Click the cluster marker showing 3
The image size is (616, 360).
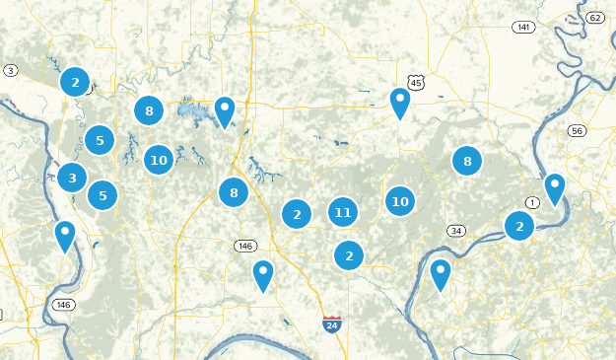tap(71, 179)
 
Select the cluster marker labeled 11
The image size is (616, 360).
tap(342, 212)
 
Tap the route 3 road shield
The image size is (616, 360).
tap(10, 70)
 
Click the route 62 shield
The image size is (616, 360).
tap(595, 18)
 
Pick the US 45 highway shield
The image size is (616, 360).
tap(415, 84)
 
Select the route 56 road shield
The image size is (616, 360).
tap(578, 131)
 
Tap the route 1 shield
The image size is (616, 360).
tap(533, 202)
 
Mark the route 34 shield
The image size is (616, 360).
tap(455, 231)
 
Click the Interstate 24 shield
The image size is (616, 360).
tap(332, 324)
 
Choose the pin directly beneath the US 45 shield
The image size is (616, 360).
tap(399, 103)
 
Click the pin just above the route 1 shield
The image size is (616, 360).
tap(555, 187)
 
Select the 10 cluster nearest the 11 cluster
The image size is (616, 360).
tap(399, 201)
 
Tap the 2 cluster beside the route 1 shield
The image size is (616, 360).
tap(519, 227)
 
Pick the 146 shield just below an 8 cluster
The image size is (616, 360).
tap(244, 246)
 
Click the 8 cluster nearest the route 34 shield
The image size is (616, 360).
tap(467, 161)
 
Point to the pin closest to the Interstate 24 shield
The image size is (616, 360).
tap(262, 274)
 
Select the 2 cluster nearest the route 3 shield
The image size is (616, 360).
tap(75, 82)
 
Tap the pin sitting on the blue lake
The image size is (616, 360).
tap(225, 111)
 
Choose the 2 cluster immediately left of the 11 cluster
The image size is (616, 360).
tap(297, 213)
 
